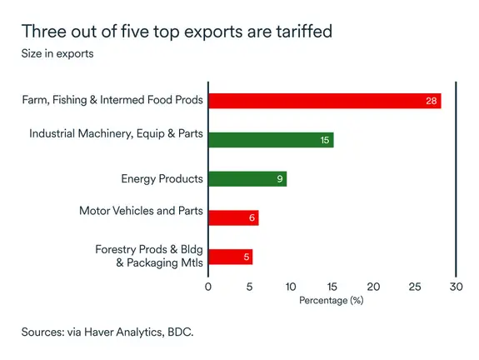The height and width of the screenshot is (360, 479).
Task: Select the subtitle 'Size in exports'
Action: (57, 54)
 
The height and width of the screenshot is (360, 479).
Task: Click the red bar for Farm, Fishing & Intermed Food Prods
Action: (324, 101)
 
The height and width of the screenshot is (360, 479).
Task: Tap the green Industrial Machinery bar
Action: (271, 140)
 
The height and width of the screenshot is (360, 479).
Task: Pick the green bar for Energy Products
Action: (247, 178)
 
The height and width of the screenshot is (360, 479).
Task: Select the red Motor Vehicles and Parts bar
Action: (233, 217)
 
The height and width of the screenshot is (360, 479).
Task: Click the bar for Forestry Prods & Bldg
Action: (230, 257)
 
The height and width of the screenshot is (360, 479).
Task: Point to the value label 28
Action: (431, 102)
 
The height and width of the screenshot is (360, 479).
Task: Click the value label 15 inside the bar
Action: (325, 140)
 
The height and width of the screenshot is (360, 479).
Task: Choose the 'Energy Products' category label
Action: (161, 178)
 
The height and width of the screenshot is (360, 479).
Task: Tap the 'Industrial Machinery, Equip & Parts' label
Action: (116, 133)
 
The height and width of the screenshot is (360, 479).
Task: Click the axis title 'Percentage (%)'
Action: (332, 300)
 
